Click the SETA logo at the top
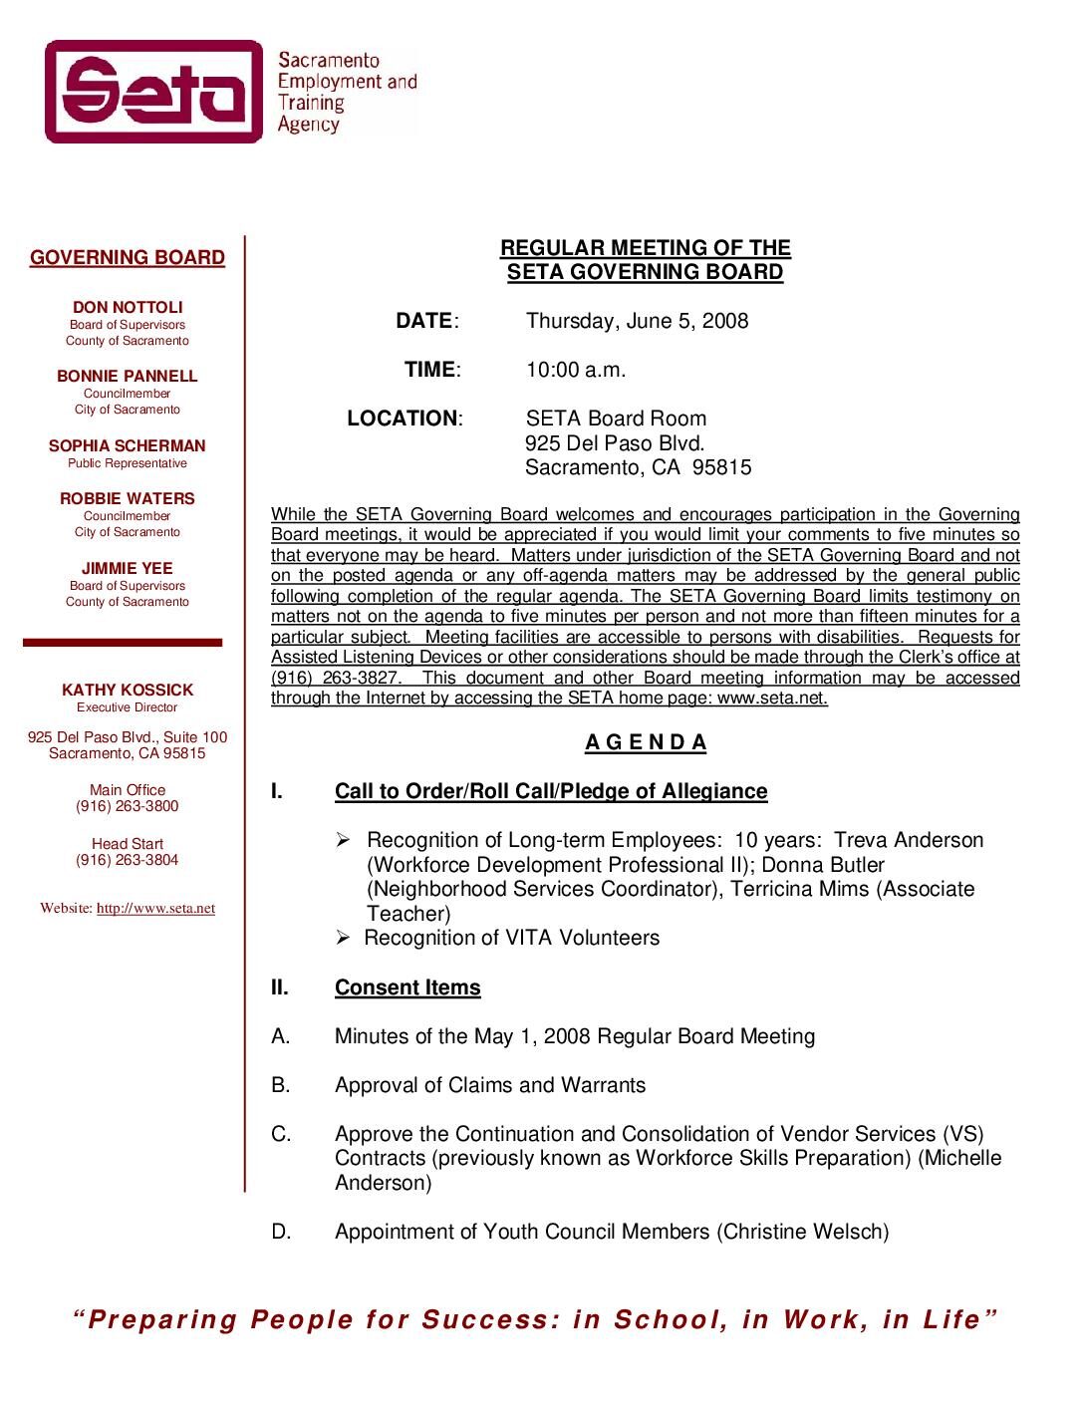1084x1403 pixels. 154,92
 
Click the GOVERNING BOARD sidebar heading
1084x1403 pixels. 128,258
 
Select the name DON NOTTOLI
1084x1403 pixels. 128,308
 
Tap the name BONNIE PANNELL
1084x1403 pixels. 128,377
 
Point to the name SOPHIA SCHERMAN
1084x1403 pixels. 128,446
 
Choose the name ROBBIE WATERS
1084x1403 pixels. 128,499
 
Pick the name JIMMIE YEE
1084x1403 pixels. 128,569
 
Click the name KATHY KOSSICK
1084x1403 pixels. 128,691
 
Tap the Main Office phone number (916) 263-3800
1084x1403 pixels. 128,806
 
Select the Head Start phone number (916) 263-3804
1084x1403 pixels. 128,860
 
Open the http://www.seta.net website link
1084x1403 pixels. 155,909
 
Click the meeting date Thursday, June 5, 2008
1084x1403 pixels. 637,321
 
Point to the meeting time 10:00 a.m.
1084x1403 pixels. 576,370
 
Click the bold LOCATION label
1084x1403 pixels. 403,419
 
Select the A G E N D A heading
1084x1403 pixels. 646,742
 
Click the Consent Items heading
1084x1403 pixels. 407,987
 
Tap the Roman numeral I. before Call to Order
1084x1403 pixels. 277,791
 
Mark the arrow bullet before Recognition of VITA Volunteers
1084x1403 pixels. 343,939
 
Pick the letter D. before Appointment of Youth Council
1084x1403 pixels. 281,1233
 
